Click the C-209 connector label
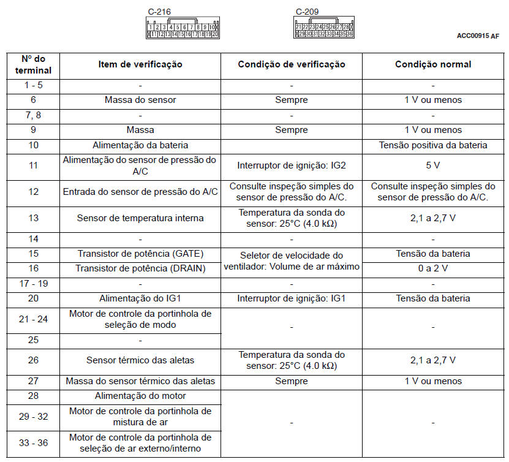coord(307,12)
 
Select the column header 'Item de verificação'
coord(140,64)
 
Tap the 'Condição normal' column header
coord(433,64)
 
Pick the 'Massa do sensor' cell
coord(140,100)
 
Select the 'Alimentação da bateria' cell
coord(140,145)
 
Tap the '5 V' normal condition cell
coord(433,165)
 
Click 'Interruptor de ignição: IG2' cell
coord(291,165)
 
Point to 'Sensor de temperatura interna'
coord(140,218)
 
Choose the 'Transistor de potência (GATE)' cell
coord(140,254)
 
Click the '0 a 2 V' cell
coord(433,268)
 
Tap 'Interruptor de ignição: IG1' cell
coord(291,298)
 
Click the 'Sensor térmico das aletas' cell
coord(140,360)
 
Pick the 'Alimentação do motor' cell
coord(140,396)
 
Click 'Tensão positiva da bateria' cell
coord(433,145)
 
